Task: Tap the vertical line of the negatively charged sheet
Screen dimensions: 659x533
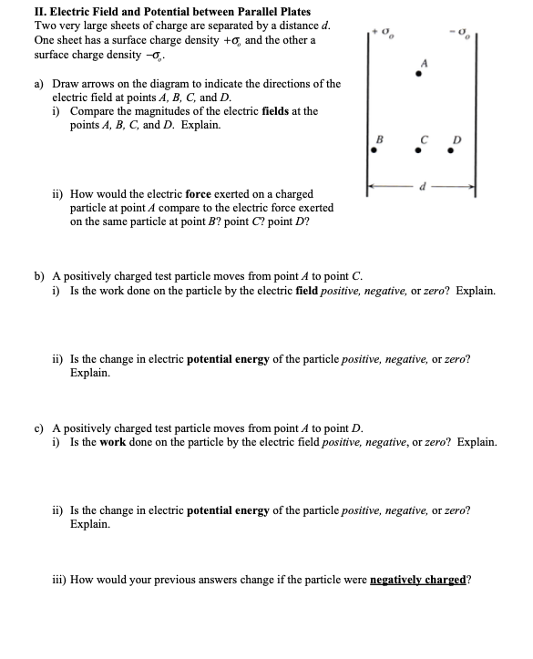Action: pos(476,109)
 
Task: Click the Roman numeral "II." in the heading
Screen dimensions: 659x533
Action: pos(15,12)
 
